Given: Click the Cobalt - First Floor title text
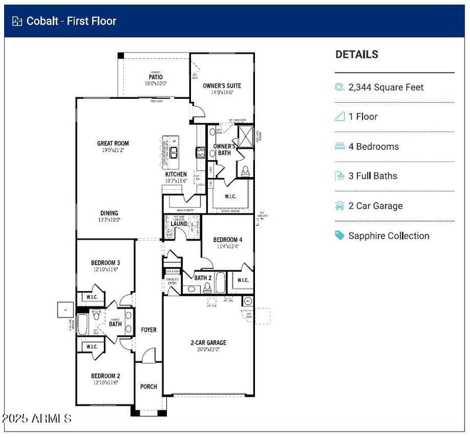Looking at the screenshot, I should tap(71, 21).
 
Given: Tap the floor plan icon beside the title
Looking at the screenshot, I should tap(17, 21).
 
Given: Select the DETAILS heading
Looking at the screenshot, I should tap(357, 55).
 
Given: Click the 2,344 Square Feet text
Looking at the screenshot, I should tap(385, 87).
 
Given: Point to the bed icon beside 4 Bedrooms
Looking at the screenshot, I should tap(340, 146).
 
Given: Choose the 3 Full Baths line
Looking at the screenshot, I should tap(372, 176).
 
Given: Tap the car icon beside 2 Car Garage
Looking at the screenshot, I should tap(340, 206).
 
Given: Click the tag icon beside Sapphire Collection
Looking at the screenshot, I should tap(340, 236).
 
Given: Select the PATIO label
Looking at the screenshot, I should tap(155, 77).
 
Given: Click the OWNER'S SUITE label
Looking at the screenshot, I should tap(222, 86).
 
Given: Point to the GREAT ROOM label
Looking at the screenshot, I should tap(113, 143).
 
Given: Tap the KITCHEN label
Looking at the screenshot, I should tap(176, 174).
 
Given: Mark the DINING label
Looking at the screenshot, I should tap(109, 213).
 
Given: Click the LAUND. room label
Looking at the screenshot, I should tap(179, 224).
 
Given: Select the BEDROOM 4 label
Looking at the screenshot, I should tap(227, 240).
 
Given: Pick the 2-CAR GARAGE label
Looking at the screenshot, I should tap(208, 343).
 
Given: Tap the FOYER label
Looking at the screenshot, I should tap(149, 330).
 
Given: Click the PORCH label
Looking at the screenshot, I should tap(148, 386).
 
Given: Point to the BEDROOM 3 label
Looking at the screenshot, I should tap(105, 263).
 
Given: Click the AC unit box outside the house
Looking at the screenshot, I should tap(63, 310).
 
